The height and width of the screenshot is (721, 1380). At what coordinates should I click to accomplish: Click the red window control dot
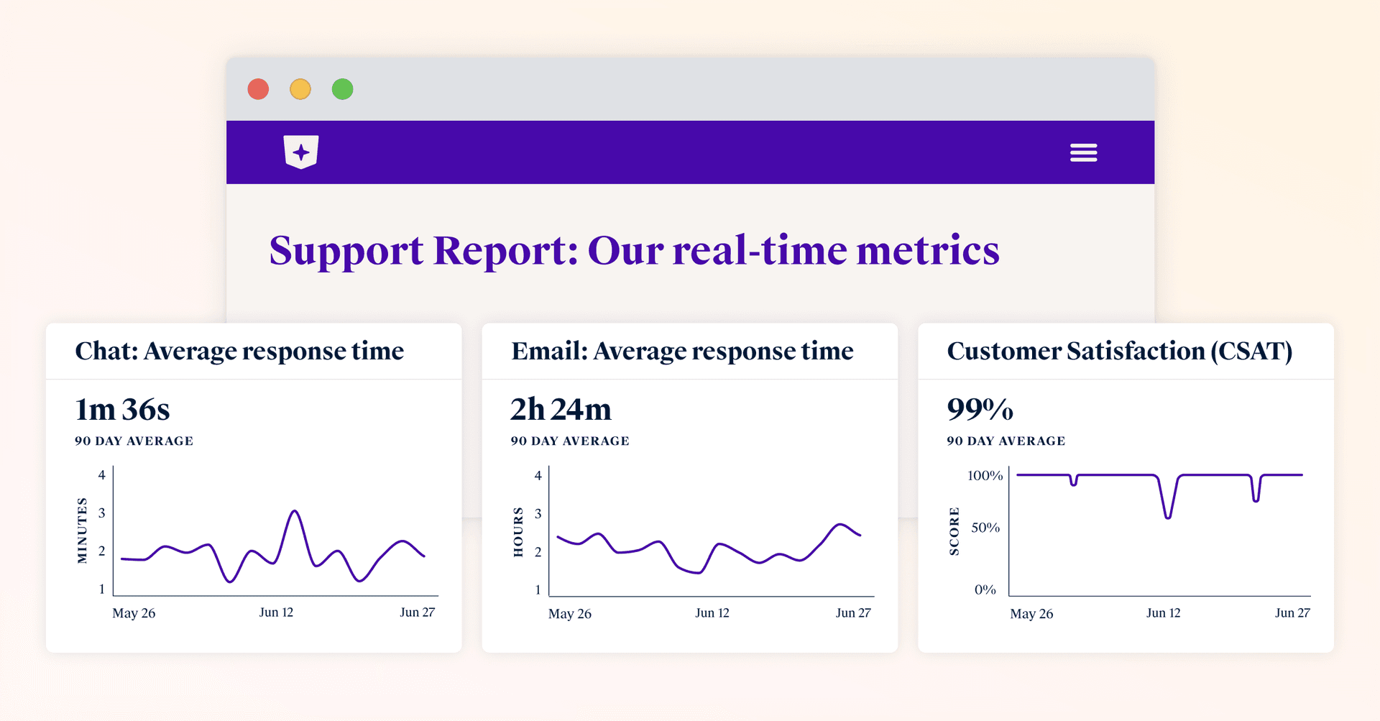(x=258, y=89)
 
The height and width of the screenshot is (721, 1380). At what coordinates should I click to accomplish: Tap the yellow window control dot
(x=300, y=89)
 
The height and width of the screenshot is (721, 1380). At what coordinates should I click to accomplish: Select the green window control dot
(x=342, y=89)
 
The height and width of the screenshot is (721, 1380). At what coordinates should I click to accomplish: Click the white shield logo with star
(x=301, y=152)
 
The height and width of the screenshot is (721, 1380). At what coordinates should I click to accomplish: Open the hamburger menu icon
(x=1083, y=152)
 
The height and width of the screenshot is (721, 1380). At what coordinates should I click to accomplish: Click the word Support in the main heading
(x=346, y=251)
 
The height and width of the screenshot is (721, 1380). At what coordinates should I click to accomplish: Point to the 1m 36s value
(x=122, y=410)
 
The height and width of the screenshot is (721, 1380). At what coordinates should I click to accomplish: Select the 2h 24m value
(x=561, y=410)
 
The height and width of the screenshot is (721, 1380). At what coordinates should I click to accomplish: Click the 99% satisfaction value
(x=980, y=410)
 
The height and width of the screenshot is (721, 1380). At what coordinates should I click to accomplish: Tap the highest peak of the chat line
(x=294, y=511)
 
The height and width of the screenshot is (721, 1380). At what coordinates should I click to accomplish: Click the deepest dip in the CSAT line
(x=1168, y=517)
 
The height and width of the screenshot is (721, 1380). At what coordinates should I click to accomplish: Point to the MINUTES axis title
(x=82, y=531)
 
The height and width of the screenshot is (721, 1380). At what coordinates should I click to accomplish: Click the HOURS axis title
(x=518, y=532)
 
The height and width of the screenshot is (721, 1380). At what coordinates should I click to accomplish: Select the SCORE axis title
(x=954, y=531)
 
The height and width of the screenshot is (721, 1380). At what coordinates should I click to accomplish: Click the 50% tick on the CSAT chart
(x=985, y=528)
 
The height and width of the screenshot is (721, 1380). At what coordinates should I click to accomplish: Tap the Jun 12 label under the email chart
(x=712, y=613)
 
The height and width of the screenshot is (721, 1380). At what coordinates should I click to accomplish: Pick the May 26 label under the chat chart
(x=134, y=613)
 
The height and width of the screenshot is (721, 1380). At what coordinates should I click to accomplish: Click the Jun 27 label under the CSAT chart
(x=1292, y=613)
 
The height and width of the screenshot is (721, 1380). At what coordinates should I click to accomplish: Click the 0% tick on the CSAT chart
(x=985, y=590)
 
